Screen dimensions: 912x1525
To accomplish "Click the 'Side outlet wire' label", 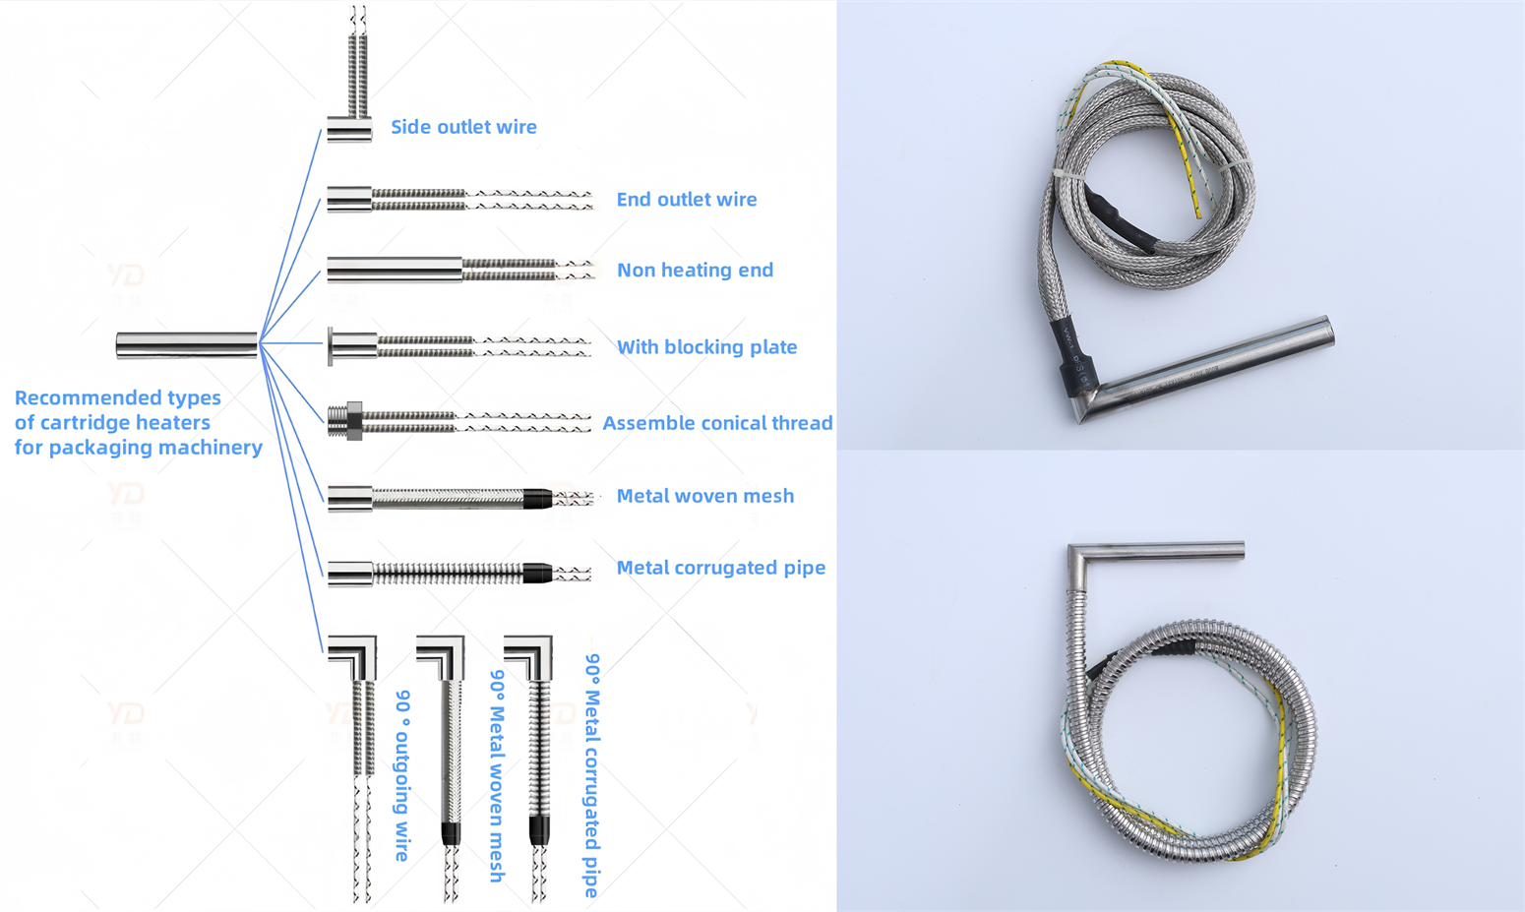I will [x=463, y=127].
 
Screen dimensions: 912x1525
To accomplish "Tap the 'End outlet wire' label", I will [x=686, y=200].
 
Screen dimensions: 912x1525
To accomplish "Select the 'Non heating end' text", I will [x=695, y=271].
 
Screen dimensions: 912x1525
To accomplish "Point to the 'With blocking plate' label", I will [x=706, y=347].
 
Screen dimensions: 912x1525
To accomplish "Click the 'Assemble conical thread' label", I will [x=717, y=423].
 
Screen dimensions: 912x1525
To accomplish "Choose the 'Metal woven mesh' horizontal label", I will [x=704, y=496].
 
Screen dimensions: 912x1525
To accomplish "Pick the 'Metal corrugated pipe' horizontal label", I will [x=720, y=568].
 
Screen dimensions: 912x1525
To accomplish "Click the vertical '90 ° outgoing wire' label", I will [x=402, y=775].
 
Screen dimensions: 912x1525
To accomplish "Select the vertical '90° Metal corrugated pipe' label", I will [x=592, y=775].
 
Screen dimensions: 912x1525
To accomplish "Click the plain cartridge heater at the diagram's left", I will [x=187, y=345].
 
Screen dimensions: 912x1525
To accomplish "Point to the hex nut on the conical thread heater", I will [x=354, y=421].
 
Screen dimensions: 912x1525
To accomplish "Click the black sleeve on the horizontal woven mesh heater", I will [x=537, y=498].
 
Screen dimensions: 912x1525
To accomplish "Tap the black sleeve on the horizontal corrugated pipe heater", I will [x=537, y=573].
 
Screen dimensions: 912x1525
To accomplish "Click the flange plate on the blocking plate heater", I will [x=331, y=346].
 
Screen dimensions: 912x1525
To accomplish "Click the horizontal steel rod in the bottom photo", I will [x=1161, y=552].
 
